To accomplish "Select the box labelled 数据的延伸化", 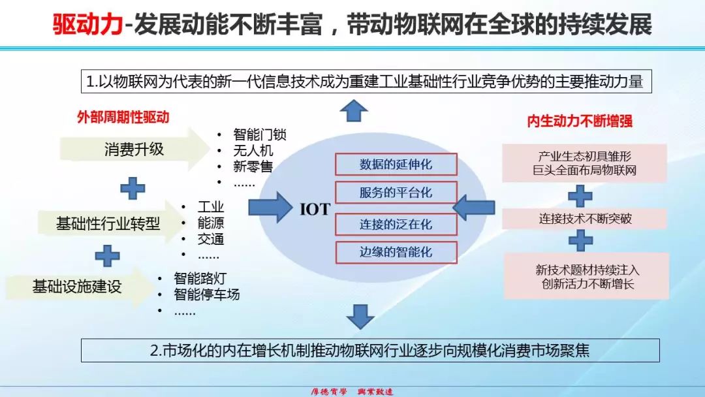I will pos(396,165).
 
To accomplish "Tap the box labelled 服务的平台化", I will pos(396,193).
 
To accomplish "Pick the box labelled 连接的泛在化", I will pos(396,223).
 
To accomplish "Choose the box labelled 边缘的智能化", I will pos(396,252).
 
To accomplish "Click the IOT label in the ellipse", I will pos(315,210).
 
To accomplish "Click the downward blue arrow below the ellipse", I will pos(360,315).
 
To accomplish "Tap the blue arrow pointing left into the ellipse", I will pos(473,208).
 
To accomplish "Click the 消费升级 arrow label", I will pos(134,150).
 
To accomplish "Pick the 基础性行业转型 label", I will pos(108,224).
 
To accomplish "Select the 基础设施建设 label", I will pos(77,286).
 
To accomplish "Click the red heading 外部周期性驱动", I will pos(123,118).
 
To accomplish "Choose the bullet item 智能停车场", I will pos(206,294).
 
